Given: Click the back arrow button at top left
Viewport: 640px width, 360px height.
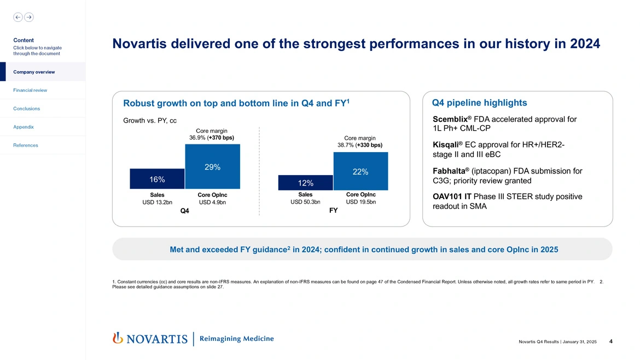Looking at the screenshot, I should coord(18,17).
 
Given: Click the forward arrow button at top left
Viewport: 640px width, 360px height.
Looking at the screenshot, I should coord(29,17).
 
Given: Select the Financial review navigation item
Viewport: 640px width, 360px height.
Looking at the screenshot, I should coord(30,90).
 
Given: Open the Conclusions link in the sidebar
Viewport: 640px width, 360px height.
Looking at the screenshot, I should coord(26,108).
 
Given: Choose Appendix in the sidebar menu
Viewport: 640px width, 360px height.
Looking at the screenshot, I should coord(24,127).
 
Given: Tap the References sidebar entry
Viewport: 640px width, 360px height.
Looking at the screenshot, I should coord(26,146).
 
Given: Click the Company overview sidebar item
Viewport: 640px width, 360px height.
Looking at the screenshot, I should coord(34,72).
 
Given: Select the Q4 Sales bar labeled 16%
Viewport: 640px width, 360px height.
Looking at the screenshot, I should coord(157,179).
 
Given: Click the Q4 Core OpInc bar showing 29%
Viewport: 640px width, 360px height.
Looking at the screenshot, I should coord(212,167).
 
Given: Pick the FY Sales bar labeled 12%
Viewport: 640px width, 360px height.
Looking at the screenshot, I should coord(305,182).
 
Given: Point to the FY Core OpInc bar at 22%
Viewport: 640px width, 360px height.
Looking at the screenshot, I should coord(360,171).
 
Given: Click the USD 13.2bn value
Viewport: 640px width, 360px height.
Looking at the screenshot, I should coord(157,202).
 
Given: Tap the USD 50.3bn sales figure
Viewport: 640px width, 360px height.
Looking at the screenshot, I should coord(305,202).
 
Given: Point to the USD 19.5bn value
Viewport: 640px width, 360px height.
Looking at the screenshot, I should coord(361,202).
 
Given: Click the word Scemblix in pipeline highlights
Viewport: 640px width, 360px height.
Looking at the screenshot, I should coord(451,119).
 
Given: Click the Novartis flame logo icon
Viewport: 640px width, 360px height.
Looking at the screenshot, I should coord(117,338).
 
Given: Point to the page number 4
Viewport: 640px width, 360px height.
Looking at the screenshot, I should coord(610,341).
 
